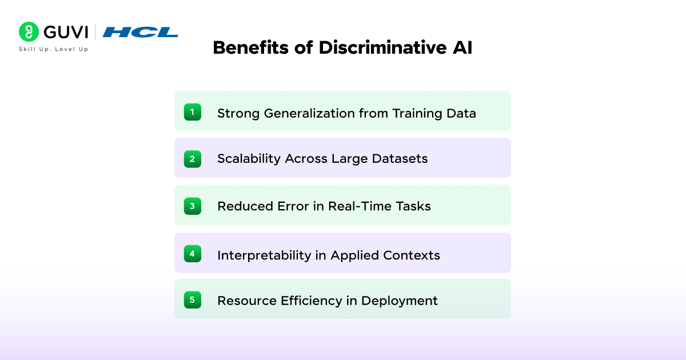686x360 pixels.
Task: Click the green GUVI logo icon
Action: (x=29, y=32)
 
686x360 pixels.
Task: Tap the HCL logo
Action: (x=140, y=32)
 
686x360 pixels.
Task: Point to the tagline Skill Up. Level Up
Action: (x=54, y=49)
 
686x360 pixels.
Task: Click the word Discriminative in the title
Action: (x=373, y=47)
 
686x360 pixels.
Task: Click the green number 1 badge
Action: (x=192, y=112)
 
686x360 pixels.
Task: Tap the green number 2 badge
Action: (x=192, y=159)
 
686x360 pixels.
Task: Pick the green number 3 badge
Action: (x=192, y=206)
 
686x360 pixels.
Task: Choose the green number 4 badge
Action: (x=192, y=253)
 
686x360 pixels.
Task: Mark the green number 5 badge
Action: (x=192, y=299)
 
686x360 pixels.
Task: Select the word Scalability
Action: (x=249, y=159)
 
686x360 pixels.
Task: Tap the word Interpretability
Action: (x=264, y=255)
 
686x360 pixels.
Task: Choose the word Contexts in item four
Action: (x=413, y=255)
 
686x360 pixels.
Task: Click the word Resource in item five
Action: (x=244, y=301)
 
